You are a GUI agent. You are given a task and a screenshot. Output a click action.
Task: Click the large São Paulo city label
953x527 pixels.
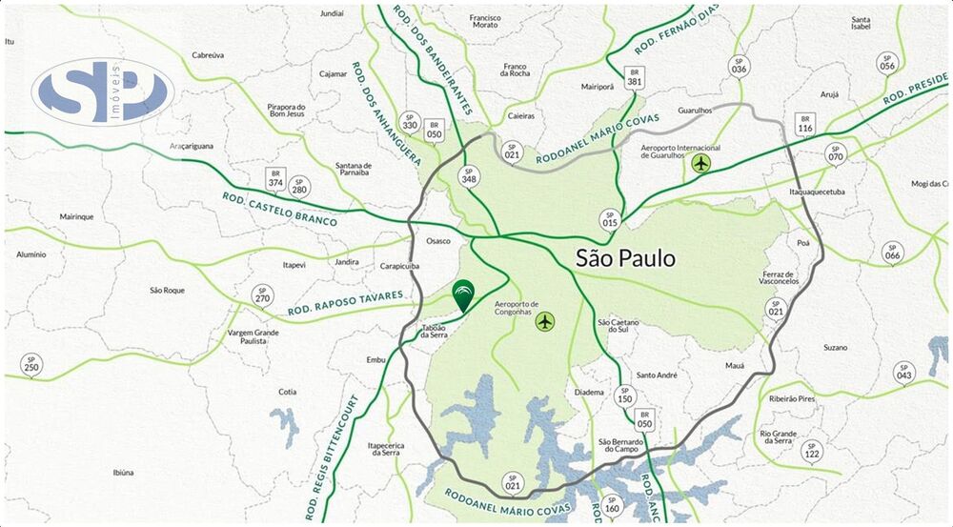point(625,258)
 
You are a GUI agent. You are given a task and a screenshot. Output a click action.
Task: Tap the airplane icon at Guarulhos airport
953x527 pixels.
point(701,164)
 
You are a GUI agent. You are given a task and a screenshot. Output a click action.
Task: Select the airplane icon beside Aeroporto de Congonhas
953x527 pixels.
point(544,321)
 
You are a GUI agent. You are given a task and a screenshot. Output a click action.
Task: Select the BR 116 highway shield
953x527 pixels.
point(805,124)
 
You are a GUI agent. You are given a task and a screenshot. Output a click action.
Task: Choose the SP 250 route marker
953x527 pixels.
point(31,364)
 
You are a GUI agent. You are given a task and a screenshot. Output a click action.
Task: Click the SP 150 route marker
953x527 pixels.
point(623,395)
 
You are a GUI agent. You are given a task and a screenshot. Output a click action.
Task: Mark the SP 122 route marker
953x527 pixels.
point(812,451)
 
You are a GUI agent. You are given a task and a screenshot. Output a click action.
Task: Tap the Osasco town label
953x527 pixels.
point(438,241)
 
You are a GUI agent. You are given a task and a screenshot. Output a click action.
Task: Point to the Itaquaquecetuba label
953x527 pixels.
point(817,192)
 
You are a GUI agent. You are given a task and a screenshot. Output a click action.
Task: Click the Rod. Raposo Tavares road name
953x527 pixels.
point(353,302)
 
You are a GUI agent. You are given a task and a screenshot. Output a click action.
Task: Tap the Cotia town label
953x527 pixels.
point(287,392)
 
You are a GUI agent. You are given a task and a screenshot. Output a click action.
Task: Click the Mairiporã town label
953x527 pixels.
point(598,87)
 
